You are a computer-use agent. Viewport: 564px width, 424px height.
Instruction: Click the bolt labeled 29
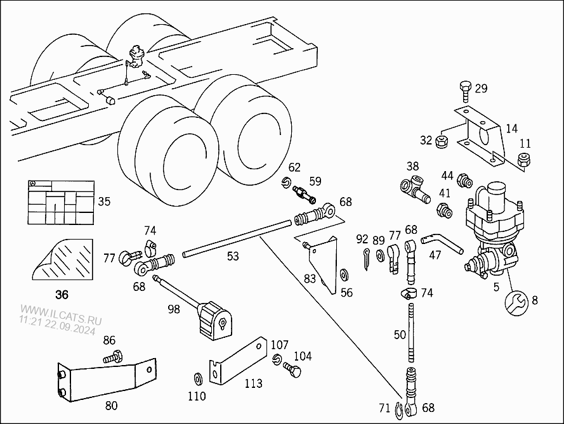click(x=465, y=92)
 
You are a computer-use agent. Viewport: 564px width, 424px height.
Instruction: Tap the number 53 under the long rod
click(x=233, y=256)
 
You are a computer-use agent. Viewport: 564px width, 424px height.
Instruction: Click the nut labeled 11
click(x=523, y=160)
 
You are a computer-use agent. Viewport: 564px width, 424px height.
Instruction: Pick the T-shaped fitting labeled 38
click(x=414, y=188)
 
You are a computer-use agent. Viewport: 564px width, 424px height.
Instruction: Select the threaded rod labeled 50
click(x=410, y=332)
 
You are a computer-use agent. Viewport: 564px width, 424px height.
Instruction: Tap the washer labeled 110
click(x=198, y=378)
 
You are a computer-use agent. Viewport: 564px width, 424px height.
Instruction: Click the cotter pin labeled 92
click(x=366, y=259)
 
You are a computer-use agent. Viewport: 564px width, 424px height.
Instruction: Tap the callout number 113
click(x=253, y=384)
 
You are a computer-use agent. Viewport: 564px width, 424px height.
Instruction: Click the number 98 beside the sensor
click(x=174, y=309)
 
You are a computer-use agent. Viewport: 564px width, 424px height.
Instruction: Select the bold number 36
click(x=62, y=295)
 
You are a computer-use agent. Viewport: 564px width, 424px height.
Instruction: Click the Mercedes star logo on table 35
click(x=34, y=183)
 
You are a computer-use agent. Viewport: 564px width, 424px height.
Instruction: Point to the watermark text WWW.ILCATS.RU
click(x=61, y=314)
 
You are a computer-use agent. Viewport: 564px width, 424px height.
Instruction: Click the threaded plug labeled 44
click(x=464, y=181)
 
